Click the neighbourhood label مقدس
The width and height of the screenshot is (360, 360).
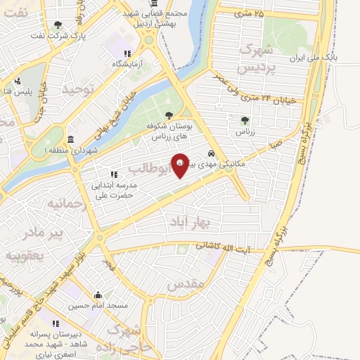186,283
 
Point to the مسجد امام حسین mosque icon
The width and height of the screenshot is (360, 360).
98,295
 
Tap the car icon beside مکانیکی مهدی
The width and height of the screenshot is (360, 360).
211,154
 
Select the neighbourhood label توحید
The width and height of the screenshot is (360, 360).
76,89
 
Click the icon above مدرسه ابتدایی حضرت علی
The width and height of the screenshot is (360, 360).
112,174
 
